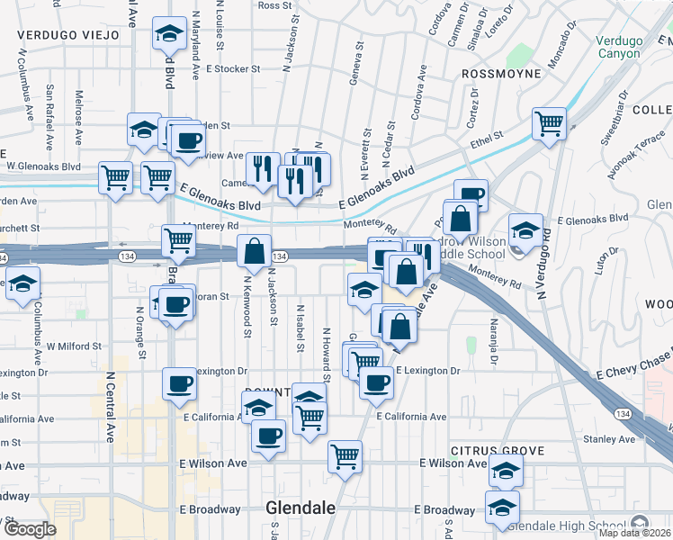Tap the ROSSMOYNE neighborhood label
(x=500, y=73)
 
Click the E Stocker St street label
(x=232, y=68)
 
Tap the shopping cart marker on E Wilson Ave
(x=345, y=456)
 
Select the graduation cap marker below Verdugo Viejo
(x=166, y=33)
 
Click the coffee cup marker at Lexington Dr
(x=179, y=383)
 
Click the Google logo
(x=30, y=529)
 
